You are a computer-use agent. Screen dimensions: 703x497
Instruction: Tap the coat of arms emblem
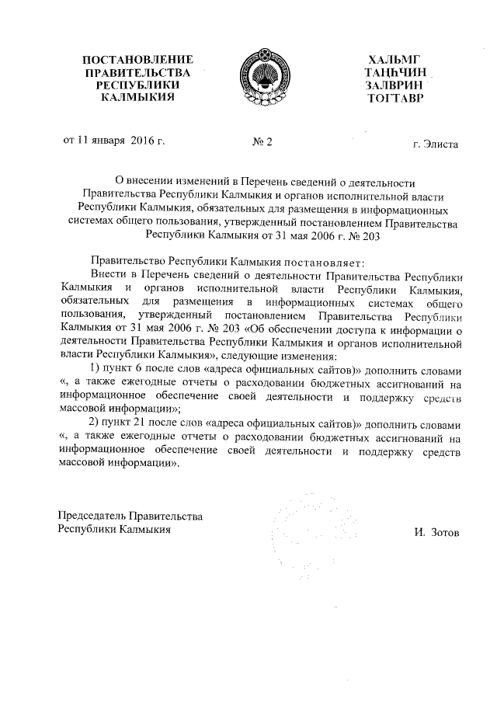[x=260, y=75]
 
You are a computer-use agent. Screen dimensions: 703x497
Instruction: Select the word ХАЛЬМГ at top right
[x=398, y=60]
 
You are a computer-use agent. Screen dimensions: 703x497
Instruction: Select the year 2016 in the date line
[x=144, y=141]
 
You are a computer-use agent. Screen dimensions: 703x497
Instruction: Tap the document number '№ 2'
[x=263, y=142]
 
